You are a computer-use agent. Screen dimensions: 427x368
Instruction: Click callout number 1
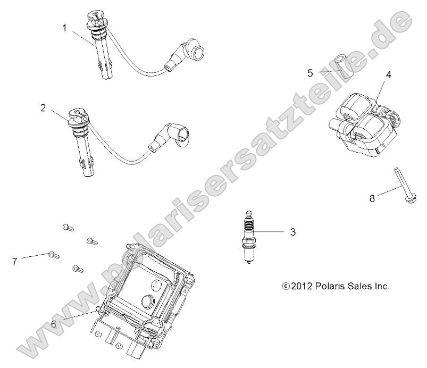coord(64,28)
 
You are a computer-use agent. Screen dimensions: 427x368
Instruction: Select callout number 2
coord(43,108)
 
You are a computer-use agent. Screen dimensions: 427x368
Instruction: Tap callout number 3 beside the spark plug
coord(293,232)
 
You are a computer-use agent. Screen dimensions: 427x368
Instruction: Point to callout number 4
coord(388,74)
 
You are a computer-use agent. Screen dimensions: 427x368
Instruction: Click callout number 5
coord(310,73)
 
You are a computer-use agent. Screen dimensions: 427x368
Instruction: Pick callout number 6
coord(54,324)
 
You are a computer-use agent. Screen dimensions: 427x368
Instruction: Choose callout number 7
coord(15,262)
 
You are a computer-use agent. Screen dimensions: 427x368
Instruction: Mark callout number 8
coord(372,198)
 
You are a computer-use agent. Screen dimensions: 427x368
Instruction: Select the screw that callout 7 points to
coord(53,255)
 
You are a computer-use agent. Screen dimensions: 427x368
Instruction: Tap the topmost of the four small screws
coord(68,227)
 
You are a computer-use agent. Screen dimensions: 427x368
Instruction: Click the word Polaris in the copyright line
coord(329,286)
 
